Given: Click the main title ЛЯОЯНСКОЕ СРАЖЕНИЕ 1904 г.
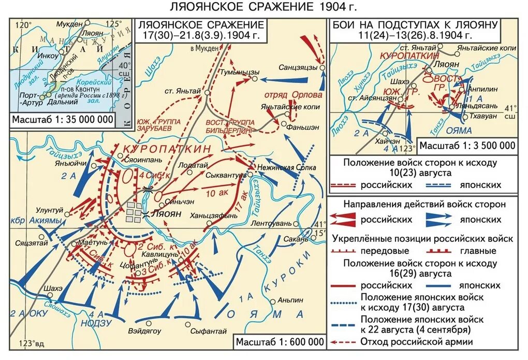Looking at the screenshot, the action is (x=264, y=7).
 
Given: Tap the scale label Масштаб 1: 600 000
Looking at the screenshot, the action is (x=280, y=342).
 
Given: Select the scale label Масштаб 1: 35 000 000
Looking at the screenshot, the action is (x=63, y=119).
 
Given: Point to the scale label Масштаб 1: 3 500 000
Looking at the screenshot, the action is (x=467, y=145).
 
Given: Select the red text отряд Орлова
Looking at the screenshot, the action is (x=293, y=95).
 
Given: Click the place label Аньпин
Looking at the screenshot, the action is (x=288, y=299).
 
